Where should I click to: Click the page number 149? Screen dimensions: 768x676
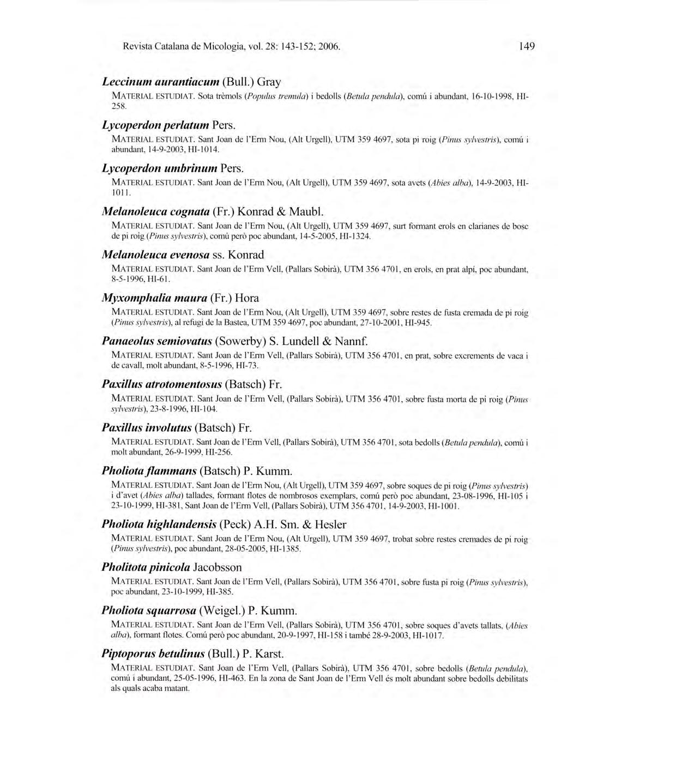point(527,46)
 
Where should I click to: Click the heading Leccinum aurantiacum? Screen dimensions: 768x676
point(191,82)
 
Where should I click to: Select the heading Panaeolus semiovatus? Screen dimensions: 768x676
point(234,341)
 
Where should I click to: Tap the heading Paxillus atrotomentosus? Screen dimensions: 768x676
point(192,384)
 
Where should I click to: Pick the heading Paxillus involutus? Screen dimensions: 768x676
point(177,427)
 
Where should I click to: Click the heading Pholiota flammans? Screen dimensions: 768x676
point(197,470)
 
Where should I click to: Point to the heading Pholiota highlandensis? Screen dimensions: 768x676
point(224,524)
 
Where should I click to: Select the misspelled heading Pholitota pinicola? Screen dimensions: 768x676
point(171,567)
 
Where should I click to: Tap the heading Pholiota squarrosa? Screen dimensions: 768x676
point(199,610)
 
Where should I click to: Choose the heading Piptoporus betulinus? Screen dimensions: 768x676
point(192,654)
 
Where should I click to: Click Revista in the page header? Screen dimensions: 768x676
point(137,46)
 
